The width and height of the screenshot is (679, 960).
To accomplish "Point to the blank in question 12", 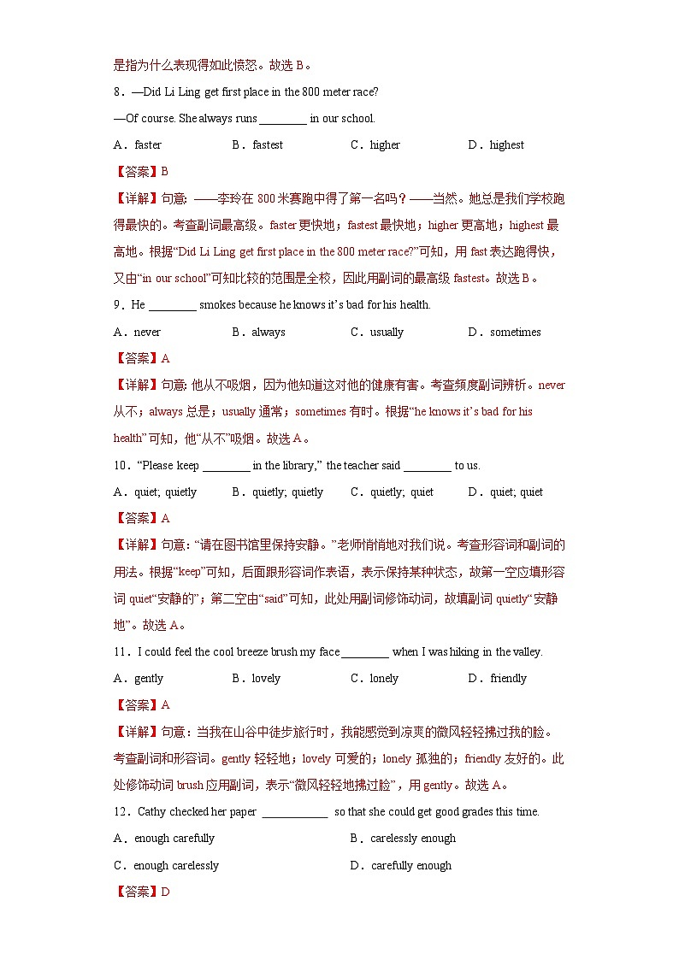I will (x=295, y=812).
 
